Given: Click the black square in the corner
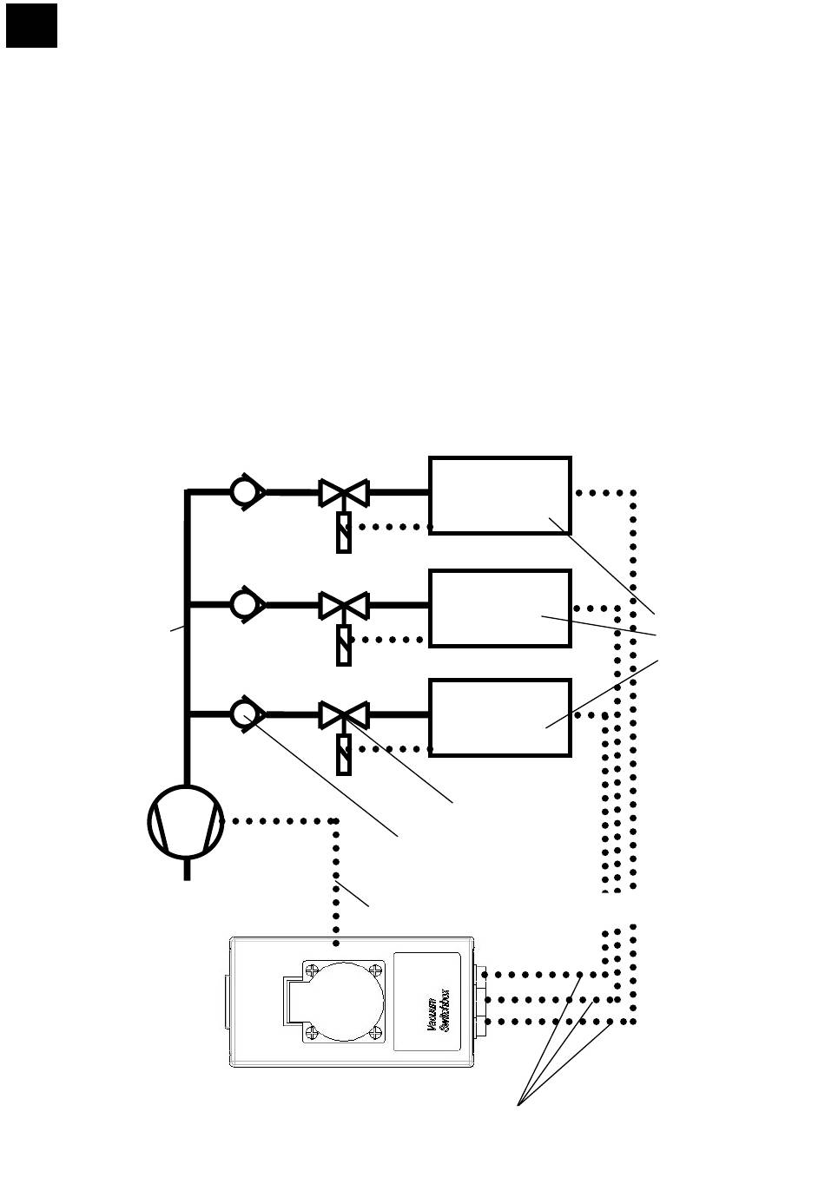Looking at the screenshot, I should (x=31, y=25).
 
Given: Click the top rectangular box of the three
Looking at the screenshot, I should (x=500, y=495).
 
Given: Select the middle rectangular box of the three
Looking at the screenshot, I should (x=500, y=608).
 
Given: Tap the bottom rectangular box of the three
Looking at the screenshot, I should (x=500, y=718).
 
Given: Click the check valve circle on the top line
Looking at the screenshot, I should (x=244, y=492).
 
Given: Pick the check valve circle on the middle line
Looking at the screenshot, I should (x=244, y=603).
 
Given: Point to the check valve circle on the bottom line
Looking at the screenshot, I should (x=244, y=714).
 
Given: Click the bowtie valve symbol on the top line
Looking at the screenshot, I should (x=344, y=493).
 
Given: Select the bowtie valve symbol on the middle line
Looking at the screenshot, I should (x=344, y=605).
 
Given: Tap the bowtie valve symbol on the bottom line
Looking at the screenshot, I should (x=344, y=715).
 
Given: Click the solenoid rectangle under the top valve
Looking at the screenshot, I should (x=344, y=533).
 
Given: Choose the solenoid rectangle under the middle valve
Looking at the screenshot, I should (x=344, y=646).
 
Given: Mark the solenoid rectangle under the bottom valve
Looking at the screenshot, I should (x=344, y=755).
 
